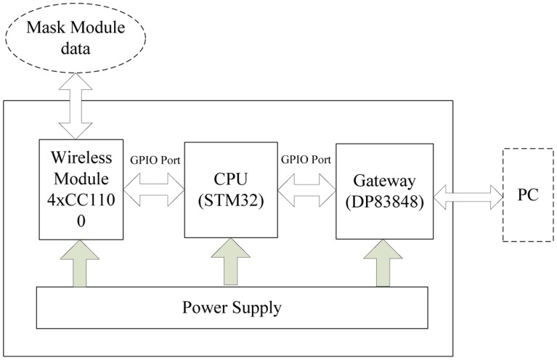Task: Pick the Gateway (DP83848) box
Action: (385, 190)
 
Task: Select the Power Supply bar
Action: (232, 307)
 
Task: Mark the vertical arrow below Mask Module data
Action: (76, 105)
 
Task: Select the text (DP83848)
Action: (385, 200)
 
